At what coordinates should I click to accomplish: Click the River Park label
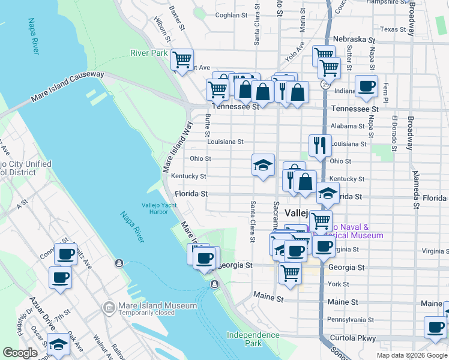coord(149,53)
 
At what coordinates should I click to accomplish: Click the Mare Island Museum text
coord(157,305)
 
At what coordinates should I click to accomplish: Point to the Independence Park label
coord(244,339)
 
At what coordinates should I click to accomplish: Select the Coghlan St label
coord(231,15)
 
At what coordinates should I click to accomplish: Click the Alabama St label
coord(348,126)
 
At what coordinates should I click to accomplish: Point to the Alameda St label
coord(415,189)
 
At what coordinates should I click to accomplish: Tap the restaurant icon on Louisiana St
coord(320,145)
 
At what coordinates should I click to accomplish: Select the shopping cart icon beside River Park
coord(182,59)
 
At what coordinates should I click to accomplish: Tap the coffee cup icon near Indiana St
coord(366,86)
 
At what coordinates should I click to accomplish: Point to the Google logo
coord(20,353)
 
